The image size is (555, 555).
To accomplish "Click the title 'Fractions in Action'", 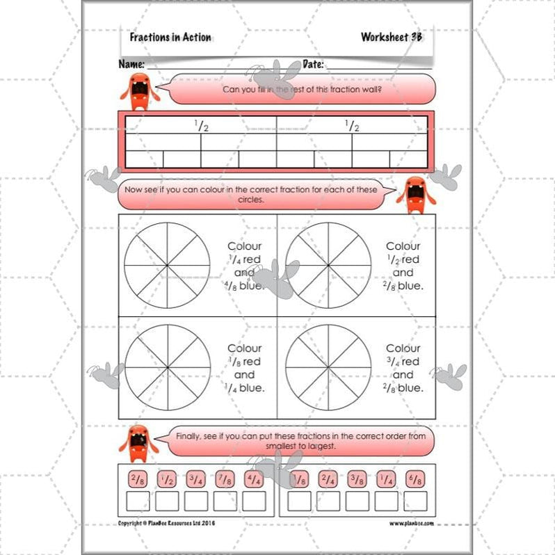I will pos(170,38).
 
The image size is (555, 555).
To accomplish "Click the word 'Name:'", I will pos(131,64).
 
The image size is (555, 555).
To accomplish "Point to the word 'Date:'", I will pos(314,64).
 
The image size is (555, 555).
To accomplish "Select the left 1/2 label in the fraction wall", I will pos(201,126).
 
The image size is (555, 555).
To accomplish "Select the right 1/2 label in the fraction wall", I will pos(352,126).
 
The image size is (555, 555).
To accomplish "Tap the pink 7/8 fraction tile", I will pos(225,479).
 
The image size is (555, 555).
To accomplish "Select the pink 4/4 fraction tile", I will pos(255,479).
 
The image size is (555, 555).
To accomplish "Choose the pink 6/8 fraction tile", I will pos(415,479).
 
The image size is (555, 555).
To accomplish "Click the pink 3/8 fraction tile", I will pos(357,479).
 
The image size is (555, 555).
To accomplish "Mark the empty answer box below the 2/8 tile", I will pos(136,501).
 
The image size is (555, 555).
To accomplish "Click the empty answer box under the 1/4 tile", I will pos(386,501).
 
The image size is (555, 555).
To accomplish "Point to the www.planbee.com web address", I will pos(410,523).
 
